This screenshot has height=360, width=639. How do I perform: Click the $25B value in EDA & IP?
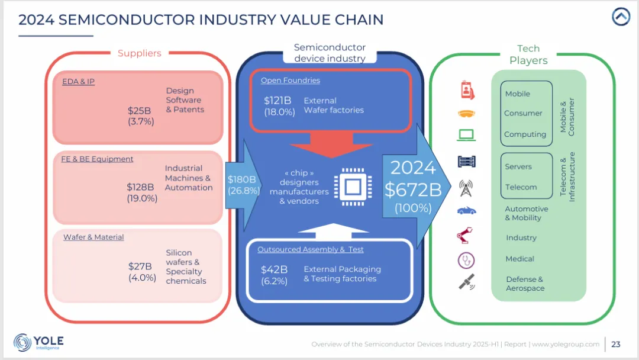140,111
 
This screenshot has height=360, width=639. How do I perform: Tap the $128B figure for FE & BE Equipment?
140,187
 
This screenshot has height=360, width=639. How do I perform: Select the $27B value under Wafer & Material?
141,266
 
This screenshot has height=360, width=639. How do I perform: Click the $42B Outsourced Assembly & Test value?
275,270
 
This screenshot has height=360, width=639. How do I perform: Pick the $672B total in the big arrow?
413,189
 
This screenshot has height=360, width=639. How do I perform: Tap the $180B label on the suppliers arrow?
242,179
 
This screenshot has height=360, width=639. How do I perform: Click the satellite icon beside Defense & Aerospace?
467,282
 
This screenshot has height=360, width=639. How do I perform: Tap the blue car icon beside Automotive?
467,210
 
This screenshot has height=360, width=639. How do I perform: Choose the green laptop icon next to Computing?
467,135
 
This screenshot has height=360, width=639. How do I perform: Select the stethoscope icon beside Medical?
467,259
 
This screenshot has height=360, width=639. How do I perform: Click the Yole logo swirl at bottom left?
23,342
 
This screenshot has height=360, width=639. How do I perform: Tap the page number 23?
616,344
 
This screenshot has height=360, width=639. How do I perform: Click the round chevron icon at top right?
621,17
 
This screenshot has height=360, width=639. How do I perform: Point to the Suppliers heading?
140,53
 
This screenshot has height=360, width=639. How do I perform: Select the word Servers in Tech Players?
518,167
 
